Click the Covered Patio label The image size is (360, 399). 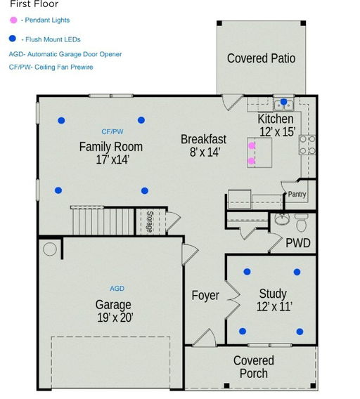tap(261, 58)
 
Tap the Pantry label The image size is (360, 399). tap(297, 195)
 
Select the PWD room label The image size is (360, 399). tap(298, 243)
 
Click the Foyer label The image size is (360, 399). tap(205, 296)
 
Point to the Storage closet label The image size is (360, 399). tap(150, 221)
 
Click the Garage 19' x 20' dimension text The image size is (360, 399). tap(113, 317)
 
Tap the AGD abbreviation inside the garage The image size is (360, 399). tap(117, 289)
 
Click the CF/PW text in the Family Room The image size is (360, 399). tap(112, 131)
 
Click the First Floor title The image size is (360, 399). tap(34, 4)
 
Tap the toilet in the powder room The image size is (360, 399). tap(301, 224)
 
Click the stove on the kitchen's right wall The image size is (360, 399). tap(307, 145)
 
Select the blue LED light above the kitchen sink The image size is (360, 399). tap(284, 103)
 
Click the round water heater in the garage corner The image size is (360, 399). tap(50, 249)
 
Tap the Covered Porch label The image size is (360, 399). tap(254, 367)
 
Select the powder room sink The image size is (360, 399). tap(281, 219)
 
